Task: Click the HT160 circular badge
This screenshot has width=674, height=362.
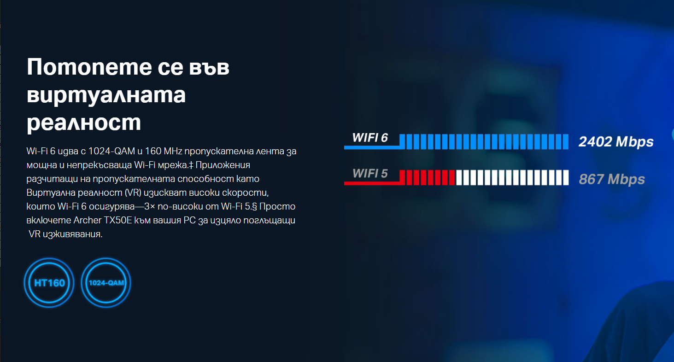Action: tap(49, 283)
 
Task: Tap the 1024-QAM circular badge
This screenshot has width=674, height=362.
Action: tap(106, 283)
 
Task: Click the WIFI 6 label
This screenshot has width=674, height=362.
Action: tap(370, 138)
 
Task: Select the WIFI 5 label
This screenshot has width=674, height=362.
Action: tap(370, 174)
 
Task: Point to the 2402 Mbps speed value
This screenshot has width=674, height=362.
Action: tap(616, 142)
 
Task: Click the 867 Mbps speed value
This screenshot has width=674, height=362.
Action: tap(612, 179)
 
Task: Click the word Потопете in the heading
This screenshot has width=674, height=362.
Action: tap(89, 67)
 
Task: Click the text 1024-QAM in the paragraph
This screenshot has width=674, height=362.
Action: tap(111, 151)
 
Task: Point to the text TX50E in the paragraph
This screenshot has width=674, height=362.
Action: tap(118, 220)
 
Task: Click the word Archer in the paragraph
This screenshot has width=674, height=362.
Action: tap(87, 220)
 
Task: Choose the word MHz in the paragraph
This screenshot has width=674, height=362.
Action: tap(173, 151)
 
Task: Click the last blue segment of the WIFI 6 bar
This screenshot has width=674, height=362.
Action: tap(565, 142)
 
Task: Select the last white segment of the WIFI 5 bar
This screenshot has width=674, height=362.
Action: tap(565, 177)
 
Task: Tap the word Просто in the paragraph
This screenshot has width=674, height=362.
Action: tap(277, 206)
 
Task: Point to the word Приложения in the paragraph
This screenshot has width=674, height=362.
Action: tap(223, 165)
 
